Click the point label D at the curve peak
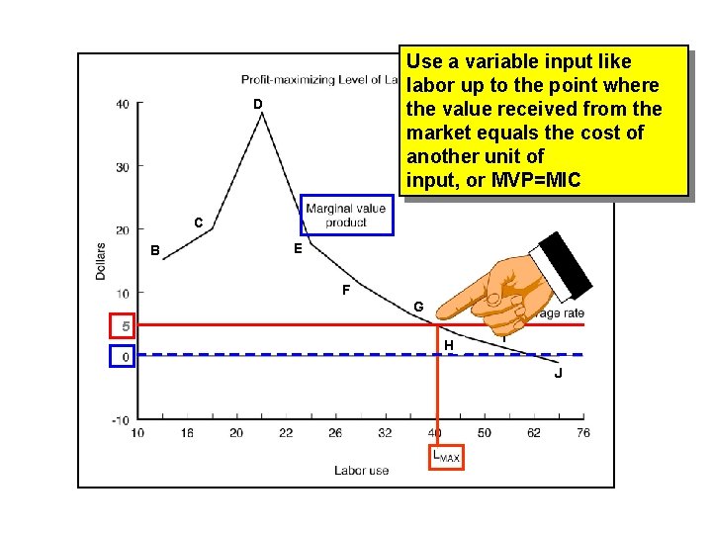257,105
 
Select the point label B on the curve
154,249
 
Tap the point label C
199,223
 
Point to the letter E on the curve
298,249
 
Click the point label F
345,291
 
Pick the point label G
419,308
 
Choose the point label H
449,345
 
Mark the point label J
559,373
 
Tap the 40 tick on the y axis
122,104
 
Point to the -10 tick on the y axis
120,419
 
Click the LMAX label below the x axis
445,457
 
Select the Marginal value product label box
346,215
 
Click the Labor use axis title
361,471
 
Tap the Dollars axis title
101,260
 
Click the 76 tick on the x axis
583,433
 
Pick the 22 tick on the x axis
286,433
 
